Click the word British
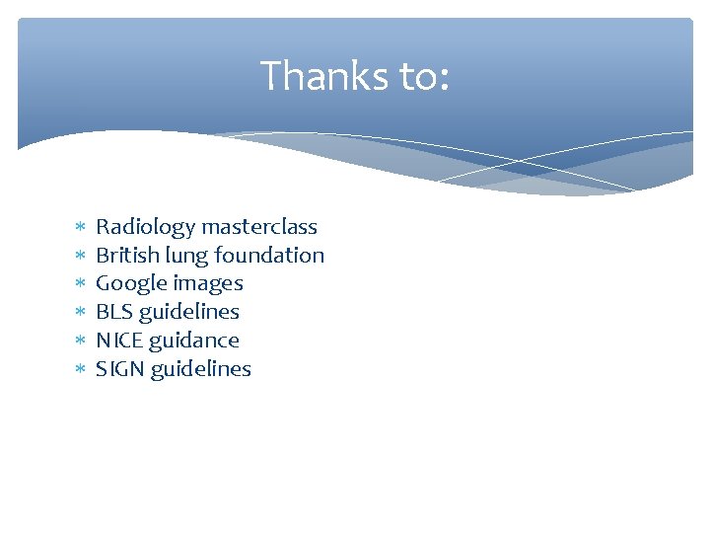click(122, 255)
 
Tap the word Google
click(128, 283)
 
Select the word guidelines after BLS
click(189, 312)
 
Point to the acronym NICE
click(117, 341)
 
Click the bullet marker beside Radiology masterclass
click(80, 227)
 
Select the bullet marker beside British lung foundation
click(80, 256)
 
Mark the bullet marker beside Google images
click(80, 284)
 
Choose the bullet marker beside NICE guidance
click(80, 341)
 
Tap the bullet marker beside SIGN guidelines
click(80, 369)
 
